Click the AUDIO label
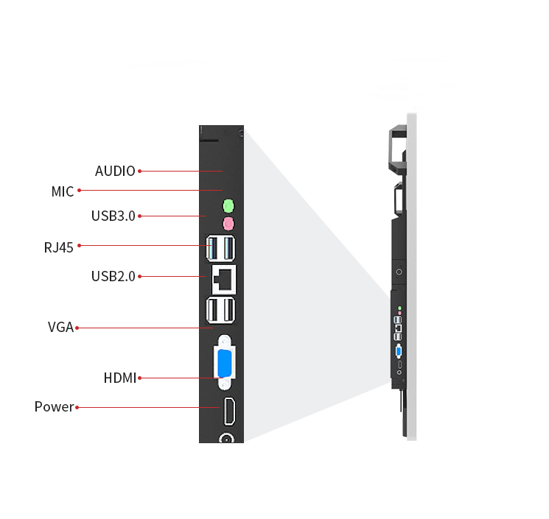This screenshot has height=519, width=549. [x=115, y=171]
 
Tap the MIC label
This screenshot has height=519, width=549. [x=63, y=191]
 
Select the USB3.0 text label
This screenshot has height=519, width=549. [x=113, y=216]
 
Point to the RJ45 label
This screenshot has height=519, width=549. [x=59, y=247]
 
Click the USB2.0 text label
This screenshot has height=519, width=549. [x=113, y=276]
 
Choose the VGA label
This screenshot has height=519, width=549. [x=60, y=327]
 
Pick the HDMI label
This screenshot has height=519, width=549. [x=120, y=378]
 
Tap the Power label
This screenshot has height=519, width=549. [x=54, y=406]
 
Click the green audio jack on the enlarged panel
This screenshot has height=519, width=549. [x=228, y=205]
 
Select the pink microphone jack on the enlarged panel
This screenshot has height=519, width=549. [x=228, y=222]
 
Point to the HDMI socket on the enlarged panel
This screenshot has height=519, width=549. [x=228, y=411]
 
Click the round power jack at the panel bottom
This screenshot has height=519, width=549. [x=226, y=439]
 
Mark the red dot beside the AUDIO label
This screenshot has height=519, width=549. [x=139, y=171]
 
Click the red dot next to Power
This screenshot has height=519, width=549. [x=77, y=406]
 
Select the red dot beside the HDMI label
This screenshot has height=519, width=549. [x=139, y=378]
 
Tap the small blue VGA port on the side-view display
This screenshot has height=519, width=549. [x=399, y=350]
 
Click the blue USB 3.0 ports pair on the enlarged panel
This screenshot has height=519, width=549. [x=220, y=247]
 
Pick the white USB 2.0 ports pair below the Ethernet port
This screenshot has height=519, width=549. [x=220, y=311]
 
